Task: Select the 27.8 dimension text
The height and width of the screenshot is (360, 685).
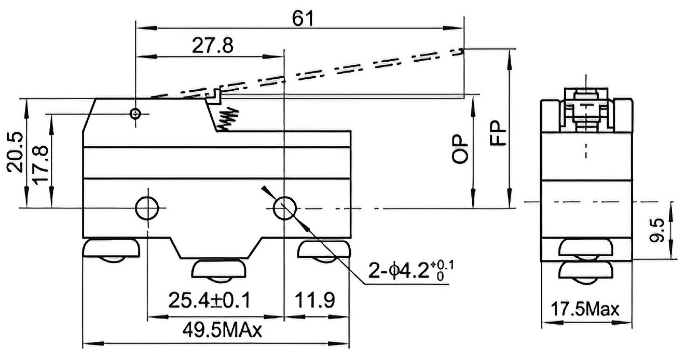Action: [x=213, y=45]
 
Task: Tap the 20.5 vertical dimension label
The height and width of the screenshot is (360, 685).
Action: [x=15, y=152]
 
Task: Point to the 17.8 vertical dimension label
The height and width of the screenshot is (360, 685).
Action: [x=40, y=165]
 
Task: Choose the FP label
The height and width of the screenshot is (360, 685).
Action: [x=498, y=133]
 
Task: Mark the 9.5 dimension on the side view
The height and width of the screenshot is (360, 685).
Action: [x=657, y=230]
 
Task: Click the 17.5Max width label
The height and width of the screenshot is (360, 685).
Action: [x=585, y=309]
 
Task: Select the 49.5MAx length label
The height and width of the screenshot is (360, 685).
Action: [x=222, y=330]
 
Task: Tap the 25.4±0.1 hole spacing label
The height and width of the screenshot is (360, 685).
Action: [x=210, y=300]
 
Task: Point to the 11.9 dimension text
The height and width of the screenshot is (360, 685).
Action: [x=315, y=300]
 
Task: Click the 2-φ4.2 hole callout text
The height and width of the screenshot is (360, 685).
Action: [x=411, y=270]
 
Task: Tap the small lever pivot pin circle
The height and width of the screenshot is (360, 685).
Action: [x=135, y=114]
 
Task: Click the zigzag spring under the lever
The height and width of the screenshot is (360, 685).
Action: [x=227, y=119]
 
